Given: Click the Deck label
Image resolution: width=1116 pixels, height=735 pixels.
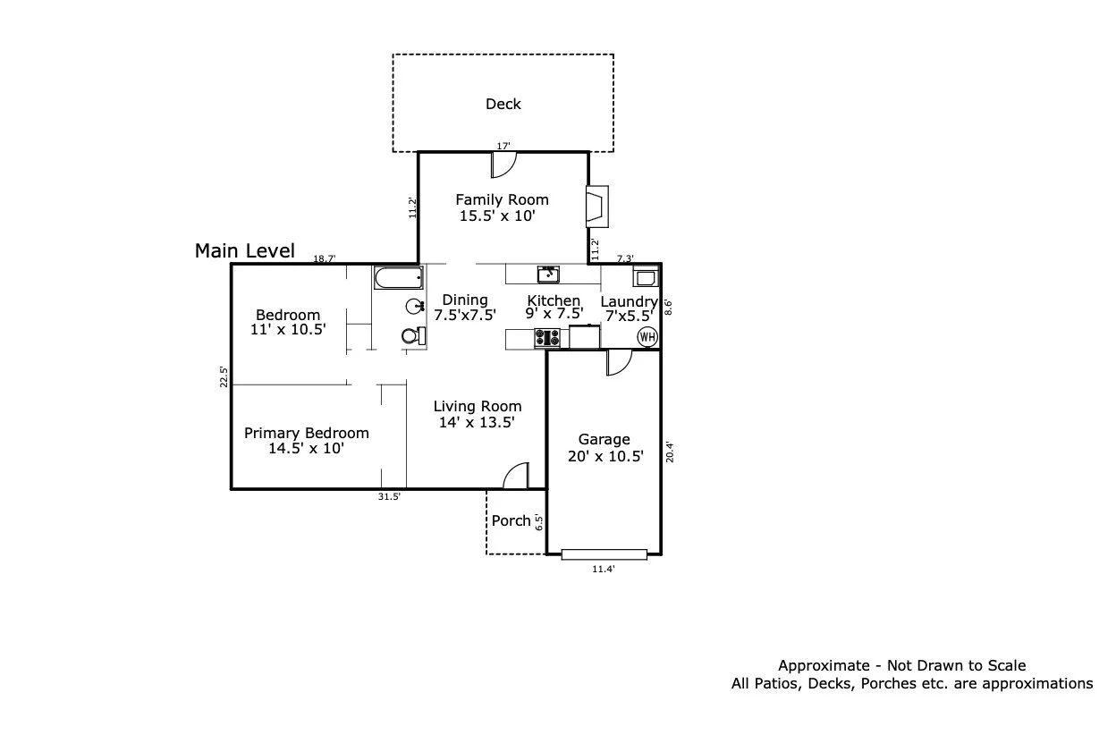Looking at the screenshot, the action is tap(503, 104).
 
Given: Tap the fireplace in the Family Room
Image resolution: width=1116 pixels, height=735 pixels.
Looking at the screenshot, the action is tap(597, 207).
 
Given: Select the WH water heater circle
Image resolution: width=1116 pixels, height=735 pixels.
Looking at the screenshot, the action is tap(647, 337).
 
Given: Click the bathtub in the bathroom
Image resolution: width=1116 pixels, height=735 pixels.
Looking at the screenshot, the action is tap(399, 277).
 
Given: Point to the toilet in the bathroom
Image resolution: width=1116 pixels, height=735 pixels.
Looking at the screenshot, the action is tap(414, 336).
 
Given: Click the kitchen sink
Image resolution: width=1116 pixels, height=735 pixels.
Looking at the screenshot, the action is tap(548, 275).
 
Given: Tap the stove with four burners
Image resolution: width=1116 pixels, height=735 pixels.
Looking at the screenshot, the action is tap(547, 338).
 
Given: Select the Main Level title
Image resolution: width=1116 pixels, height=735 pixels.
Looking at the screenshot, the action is tap(245, 250).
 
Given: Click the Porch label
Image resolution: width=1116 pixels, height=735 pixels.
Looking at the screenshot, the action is tap(511, 521).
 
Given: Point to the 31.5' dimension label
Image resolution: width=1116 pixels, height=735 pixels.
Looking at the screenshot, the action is tap(389, 497).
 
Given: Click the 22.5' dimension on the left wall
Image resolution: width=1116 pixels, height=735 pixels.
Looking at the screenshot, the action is tap(224, 376).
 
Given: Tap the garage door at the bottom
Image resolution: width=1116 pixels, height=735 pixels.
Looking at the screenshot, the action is tap(604, 554).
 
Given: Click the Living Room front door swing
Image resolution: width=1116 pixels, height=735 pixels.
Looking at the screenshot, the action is tap(516, 476).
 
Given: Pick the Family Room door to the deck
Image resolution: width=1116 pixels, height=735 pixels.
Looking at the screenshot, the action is tap(503, 165).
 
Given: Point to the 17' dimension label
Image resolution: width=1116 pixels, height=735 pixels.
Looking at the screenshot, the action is tap(503, 146).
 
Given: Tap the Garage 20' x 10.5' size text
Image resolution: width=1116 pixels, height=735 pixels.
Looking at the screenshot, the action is tap(605, 456).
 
